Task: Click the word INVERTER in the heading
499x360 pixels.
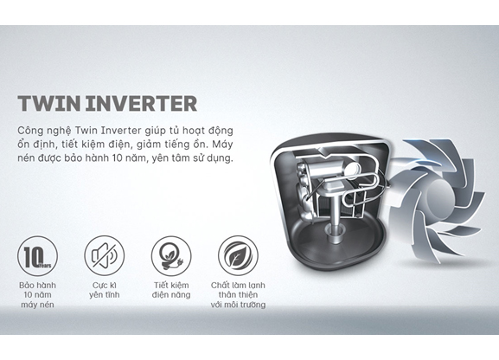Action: [x=141, y=103]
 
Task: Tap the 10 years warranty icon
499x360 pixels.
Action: [x=37, y=256]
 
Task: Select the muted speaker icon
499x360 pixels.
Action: [x=105, y=256]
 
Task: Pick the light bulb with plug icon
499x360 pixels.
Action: [x=171, y=256]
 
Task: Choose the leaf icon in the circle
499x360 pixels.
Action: [x=238, y=256]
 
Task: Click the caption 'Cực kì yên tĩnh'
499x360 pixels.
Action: [x=105, y=290]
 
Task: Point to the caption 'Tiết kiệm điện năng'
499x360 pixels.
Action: [x=171, y=290]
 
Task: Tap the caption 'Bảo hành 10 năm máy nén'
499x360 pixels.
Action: [x=37, y=295]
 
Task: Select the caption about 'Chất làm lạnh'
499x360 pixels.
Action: [x=238, y=295]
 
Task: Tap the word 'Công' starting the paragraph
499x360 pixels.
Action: [x=29, y=131]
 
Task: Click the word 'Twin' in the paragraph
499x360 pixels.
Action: [x=86, y=131]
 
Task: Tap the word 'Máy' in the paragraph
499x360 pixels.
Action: [x=222, y=145]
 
